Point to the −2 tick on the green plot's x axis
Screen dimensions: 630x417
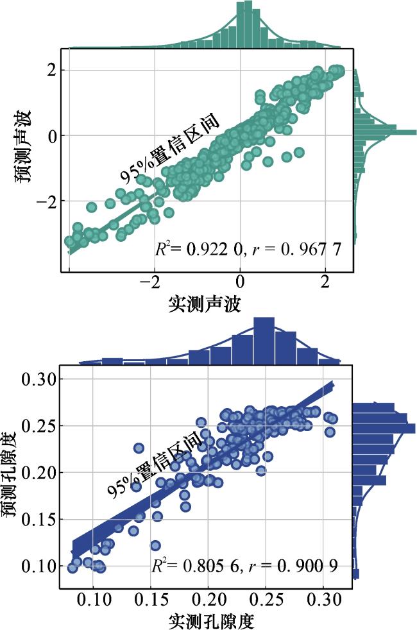[151, 283]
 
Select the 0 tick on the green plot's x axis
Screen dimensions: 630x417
[239, 283]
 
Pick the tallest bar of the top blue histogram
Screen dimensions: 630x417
[264, 341]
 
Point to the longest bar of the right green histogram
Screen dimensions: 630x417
[385, 132]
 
